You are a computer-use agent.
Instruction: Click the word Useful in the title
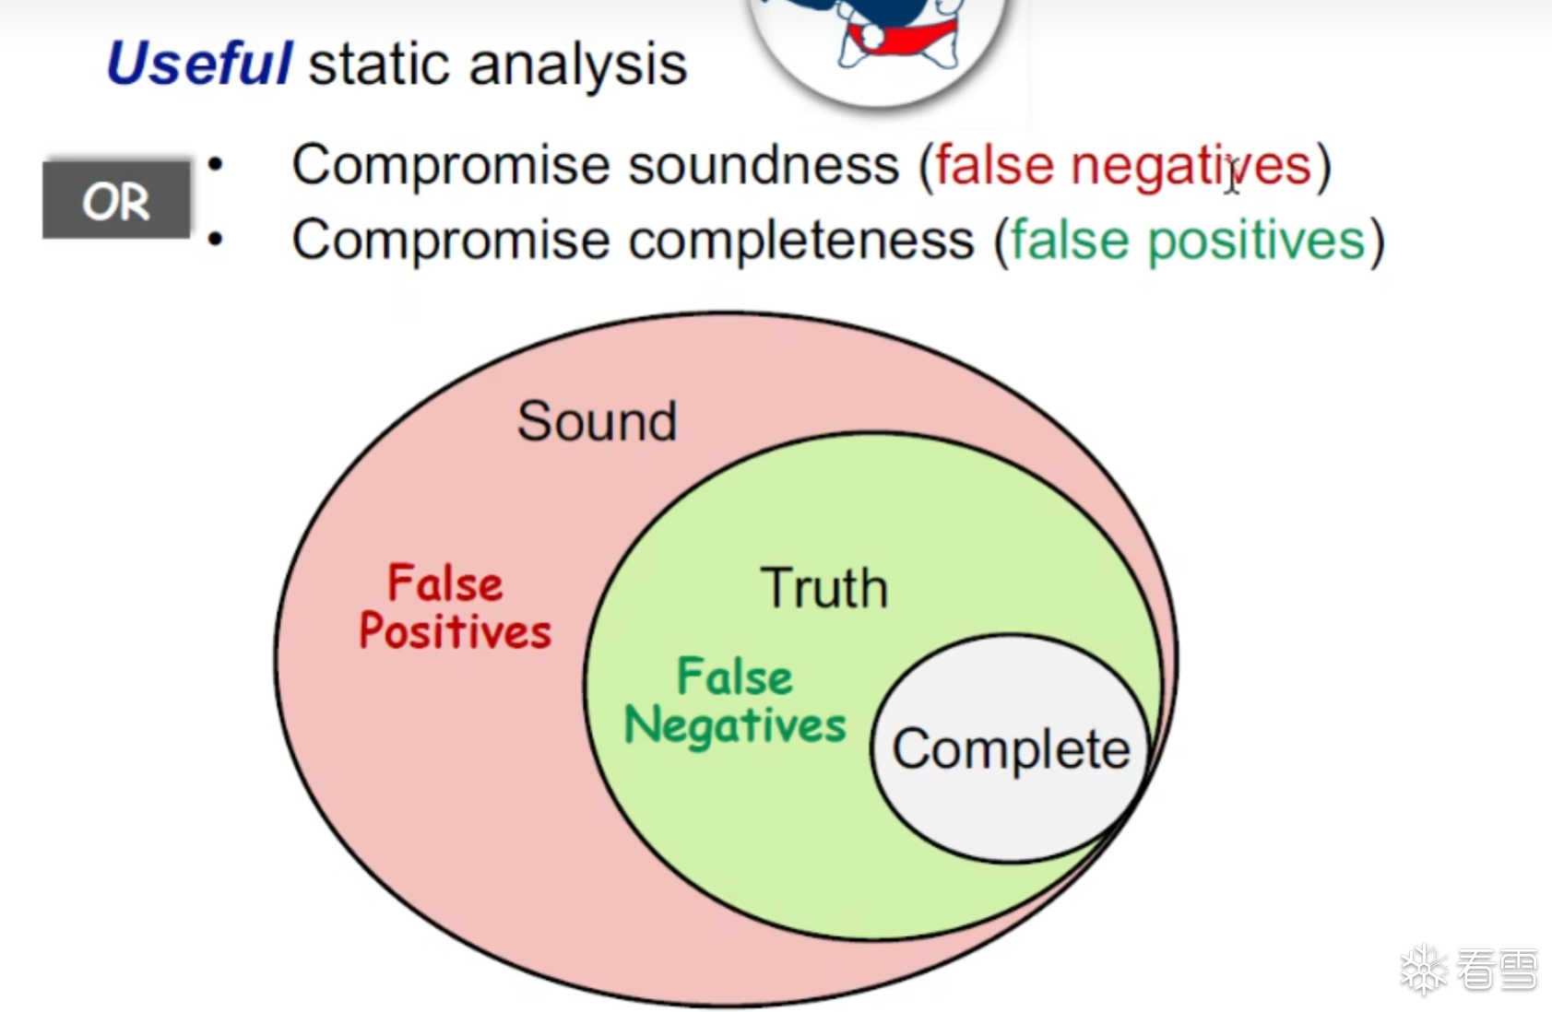[x=199, y=63]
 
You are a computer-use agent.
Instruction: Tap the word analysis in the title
[x=578, y=66]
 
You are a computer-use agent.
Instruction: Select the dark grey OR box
[x=116, y=200]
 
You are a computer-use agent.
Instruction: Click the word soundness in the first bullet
[x=764, y=166]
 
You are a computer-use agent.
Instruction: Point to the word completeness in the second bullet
[x=801, y=241]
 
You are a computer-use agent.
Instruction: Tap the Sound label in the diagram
[x=597, y=420]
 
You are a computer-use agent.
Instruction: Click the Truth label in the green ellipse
[x=823, y=587]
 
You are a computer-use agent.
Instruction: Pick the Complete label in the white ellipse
[x=1011, y=749]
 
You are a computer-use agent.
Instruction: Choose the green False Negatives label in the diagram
[x=735, y=701]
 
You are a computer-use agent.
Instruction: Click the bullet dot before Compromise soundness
[x=216, y=165]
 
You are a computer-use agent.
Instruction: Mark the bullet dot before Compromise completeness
[x=216, y=240]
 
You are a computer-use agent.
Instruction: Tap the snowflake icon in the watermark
[x=1424, y=969]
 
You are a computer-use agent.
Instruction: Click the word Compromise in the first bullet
[x=454, y=166]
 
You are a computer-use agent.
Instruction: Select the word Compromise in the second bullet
[x=454, y=241]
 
